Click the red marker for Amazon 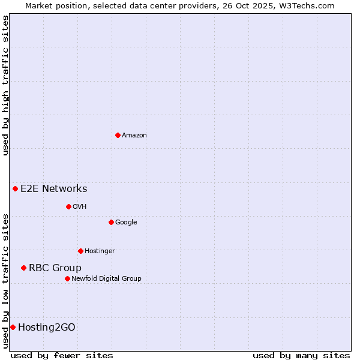(x=118, y=135)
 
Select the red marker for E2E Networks (x=15, y=188)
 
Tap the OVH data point (x=68, y=206)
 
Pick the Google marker (x=111, y=222)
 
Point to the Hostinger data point (x=80, y=251)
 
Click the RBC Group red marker (x=23, y=268)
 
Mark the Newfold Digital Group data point (x=67, y=278)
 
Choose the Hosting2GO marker (x=13, y=327)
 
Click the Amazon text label (x=134, y=136)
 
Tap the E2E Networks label (x=54, y=189)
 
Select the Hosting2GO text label (x=47, y=328)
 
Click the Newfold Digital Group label (x=107, y=278)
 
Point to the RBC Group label (x=55, y=268)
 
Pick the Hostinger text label (x=100, y=251)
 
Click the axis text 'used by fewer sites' (x=62, y=355)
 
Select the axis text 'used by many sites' (x=301, y=355)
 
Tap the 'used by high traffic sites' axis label (x=5, y=85)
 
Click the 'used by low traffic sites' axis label (x=5, y=281)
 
